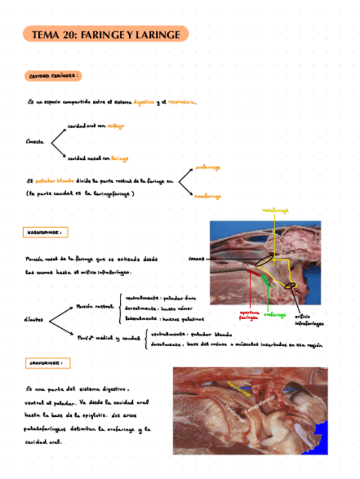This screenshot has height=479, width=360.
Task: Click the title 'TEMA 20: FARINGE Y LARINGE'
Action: click(x=106, y=35)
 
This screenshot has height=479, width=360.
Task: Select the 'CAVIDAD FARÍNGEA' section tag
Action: click(x=54, y=75)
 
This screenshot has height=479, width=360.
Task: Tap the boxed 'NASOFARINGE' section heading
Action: click(x=46, y=232)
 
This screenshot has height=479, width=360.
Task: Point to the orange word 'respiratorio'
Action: click(x=181, y=102)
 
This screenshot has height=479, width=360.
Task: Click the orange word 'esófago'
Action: click(x=116, y=126)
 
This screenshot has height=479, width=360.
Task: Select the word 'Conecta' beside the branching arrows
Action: click(x=35, y=142)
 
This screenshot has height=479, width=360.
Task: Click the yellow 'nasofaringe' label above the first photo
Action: click(x=276, y=210)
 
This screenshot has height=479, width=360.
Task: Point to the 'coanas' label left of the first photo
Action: click(x=196, y=259)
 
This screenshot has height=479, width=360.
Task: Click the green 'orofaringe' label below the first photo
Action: click(x=275, y=315)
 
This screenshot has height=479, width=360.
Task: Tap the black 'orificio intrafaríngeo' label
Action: click(x=309, y=320)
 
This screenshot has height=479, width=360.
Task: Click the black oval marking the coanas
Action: click(x=262, y=261)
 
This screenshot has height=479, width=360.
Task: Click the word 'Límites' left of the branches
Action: click(x=35, y=320)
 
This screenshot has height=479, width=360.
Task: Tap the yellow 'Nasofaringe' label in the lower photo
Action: click(x=238, y=388)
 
